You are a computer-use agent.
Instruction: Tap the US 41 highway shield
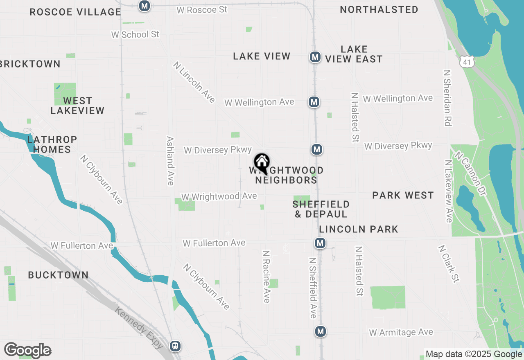(x=467, y=61)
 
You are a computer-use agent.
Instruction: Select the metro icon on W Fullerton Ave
(x=320, y=243)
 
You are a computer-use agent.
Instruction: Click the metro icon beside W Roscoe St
(x=144, y=6)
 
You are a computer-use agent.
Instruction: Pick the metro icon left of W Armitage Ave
(x=321, y=331)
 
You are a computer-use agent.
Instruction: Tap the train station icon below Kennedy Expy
(x=176, y=346)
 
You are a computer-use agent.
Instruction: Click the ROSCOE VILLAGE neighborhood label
(x=75, y=12)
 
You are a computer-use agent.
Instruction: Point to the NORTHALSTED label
(x=379, y=9)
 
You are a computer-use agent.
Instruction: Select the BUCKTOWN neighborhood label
(x=58, y=275)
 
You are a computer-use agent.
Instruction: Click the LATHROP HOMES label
(x=52, y=144)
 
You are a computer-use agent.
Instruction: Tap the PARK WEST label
(x=403, y=195)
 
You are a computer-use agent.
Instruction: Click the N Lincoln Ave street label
(x=194, y=82)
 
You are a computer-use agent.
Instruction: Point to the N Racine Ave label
(x=267, y=277)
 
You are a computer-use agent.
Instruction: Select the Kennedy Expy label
(x=139, y=328)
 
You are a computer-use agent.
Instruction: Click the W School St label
(x=135, y=34)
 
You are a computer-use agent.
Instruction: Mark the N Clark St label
(x=449, y=263)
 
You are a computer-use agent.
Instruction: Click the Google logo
(x=27, y=351)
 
